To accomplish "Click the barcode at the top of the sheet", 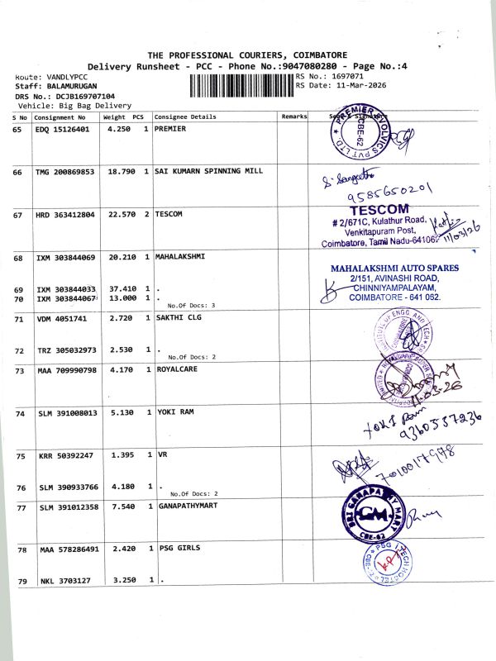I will [x=241, y=86].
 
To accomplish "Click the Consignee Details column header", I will [x=185, y=117].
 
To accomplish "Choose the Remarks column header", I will [x=294, y=117].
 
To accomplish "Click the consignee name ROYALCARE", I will [x=176, y=369].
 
